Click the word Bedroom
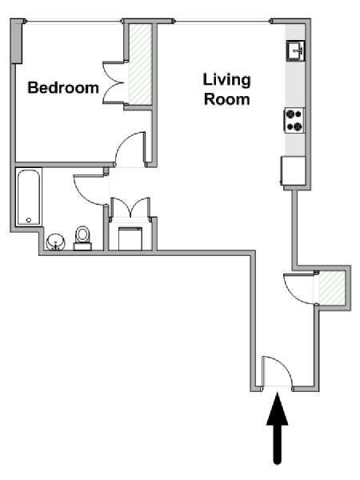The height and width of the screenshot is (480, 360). tap(63, 87)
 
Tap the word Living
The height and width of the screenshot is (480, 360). tap(227, 80)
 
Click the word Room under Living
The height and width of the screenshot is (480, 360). tap(227, 99)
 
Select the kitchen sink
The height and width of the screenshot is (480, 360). tap(296, 50)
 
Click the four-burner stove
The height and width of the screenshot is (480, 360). tap(294, 121)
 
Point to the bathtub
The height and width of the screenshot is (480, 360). tap(29, 197)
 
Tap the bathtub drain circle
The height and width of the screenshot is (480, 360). tap(29, 220)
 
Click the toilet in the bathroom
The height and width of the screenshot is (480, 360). tap(82, 238)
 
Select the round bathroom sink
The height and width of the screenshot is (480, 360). tap(56, 242)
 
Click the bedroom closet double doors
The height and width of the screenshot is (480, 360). tap(114, 82)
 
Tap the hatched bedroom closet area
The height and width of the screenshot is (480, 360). tap(141, 64)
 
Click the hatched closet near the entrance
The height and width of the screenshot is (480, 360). tap(332, 288)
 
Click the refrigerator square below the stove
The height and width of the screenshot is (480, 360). tap(294, 171)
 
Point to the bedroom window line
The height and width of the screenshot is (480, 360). tap(74, 22)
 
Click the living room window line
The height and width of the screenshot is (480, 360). tap(222, 22)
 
